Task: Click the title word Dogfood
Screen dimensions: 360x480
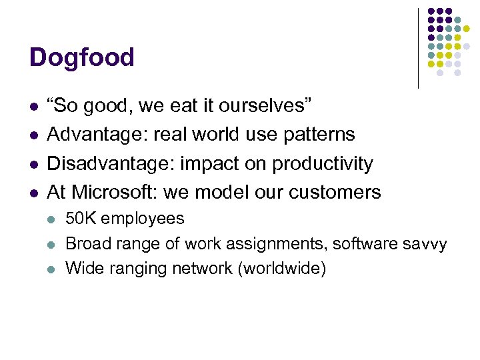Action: tap(81, 58)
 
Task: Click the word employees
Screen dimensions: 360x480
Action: tap(141, 219)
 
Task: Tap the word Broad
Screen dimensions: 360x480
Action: tap(86, 244)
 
